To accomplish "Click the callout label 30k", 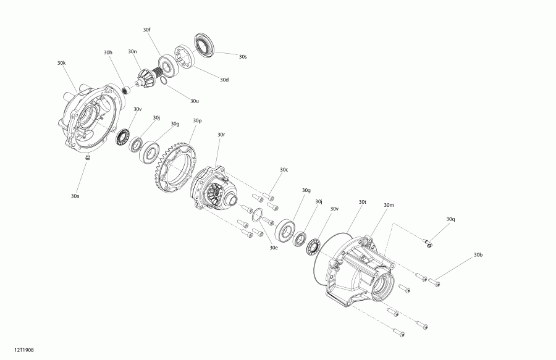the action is pyautogui.click(x=61, y=63).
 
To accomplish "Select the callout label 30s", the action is pyautogui.click(x=243, y=56).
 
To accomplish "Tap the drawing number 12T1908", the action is pyautogui.click(x=24, y=350).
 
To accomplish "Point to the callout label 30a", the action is pyautogui.click(x=75, y=196).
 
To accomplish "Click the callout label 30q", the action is pyautogui.click(x=450, y=219).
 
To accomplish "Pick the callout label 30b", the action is pyautogui.click(x=478, y=254).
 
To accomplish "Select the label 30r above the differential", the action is pyautogui.click(x=221, y=134).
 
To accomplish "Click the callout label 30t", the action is pyautogui.click(x=362, y=202).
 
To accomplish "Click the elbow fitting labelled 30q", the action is pyautogui.click(x=428, y=243).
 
